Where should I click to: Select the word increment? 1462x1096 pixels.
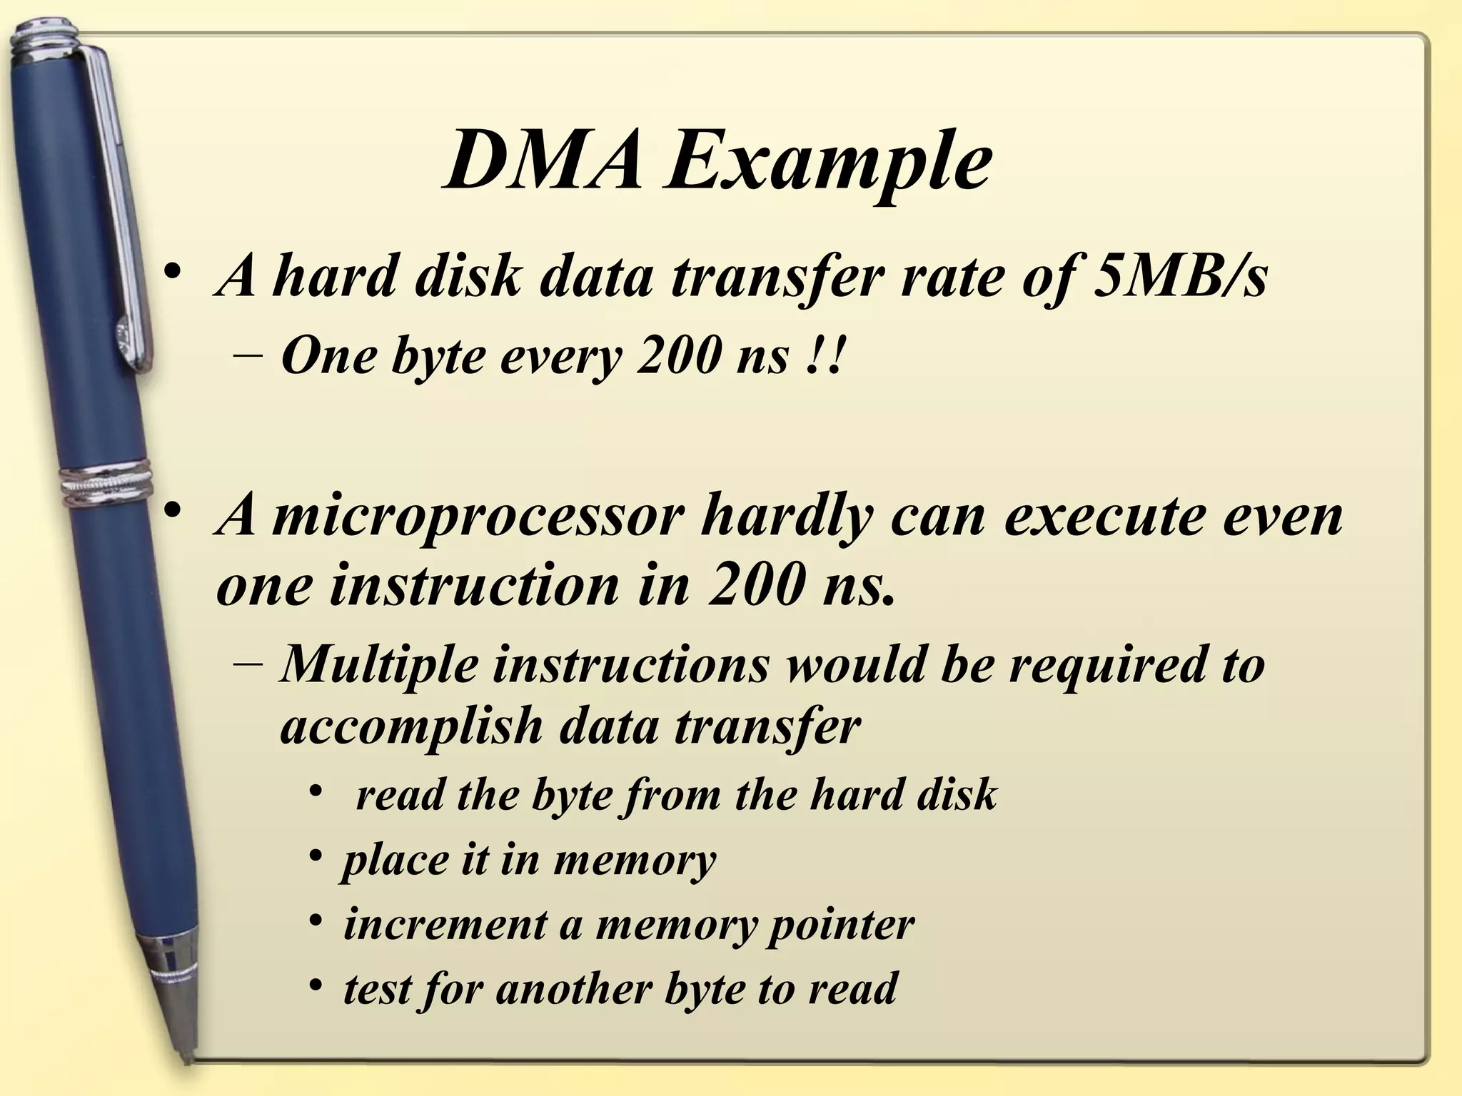tap(443, 925)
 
